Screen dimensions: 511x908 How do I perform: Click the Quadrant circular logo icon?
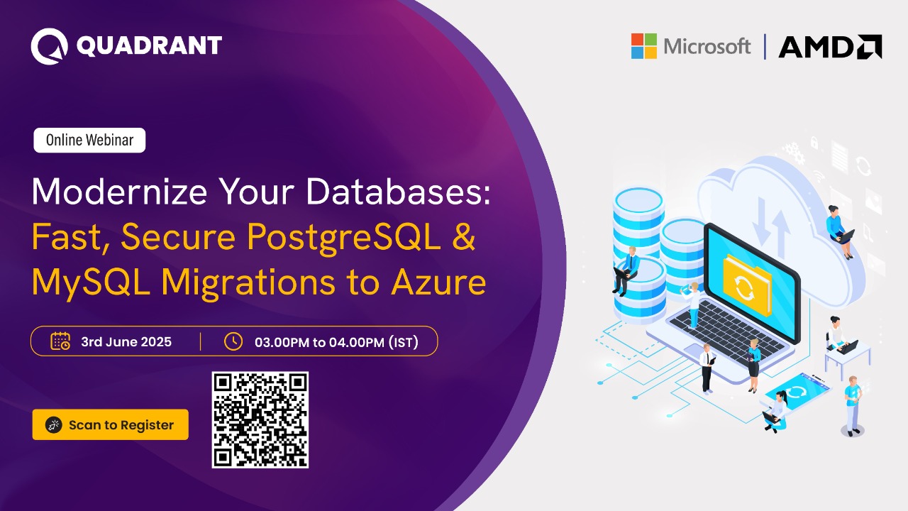coord(49,46)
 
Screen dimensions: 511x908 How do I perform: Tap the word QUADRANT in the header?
coord(149,46)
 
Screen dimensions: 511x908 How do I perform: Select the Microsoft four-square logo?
coord(644,46)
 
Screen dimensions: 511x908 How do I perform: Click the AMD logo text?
coord(830,47)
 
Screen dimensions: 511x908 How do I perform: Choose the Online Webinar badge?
coord(89,141)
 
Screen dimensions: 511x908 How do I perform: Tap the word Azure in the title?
coord(446,282)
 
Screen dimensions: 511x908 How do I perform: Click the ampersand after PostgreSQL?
coord(463,237)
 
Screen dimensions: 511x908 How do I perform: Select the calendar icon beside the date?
coord(60,341)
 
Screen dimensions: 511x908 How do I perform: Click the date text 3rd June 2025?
coord(126,341)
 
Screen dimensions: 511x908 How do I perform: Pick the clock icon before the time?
coord(233,341)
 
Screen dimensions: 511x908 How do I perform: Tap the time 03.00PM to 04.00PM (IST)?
coord(336,342)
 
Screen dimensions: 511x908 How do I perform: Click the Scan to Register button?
coord(110,424)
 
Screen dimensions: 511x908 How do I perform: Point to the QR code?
coord(260,419)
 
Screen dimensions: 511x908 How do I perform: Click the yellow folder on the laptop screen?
coord(746,283)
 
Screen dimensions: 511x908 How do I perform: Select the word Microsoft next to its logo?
coord(707,47)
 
